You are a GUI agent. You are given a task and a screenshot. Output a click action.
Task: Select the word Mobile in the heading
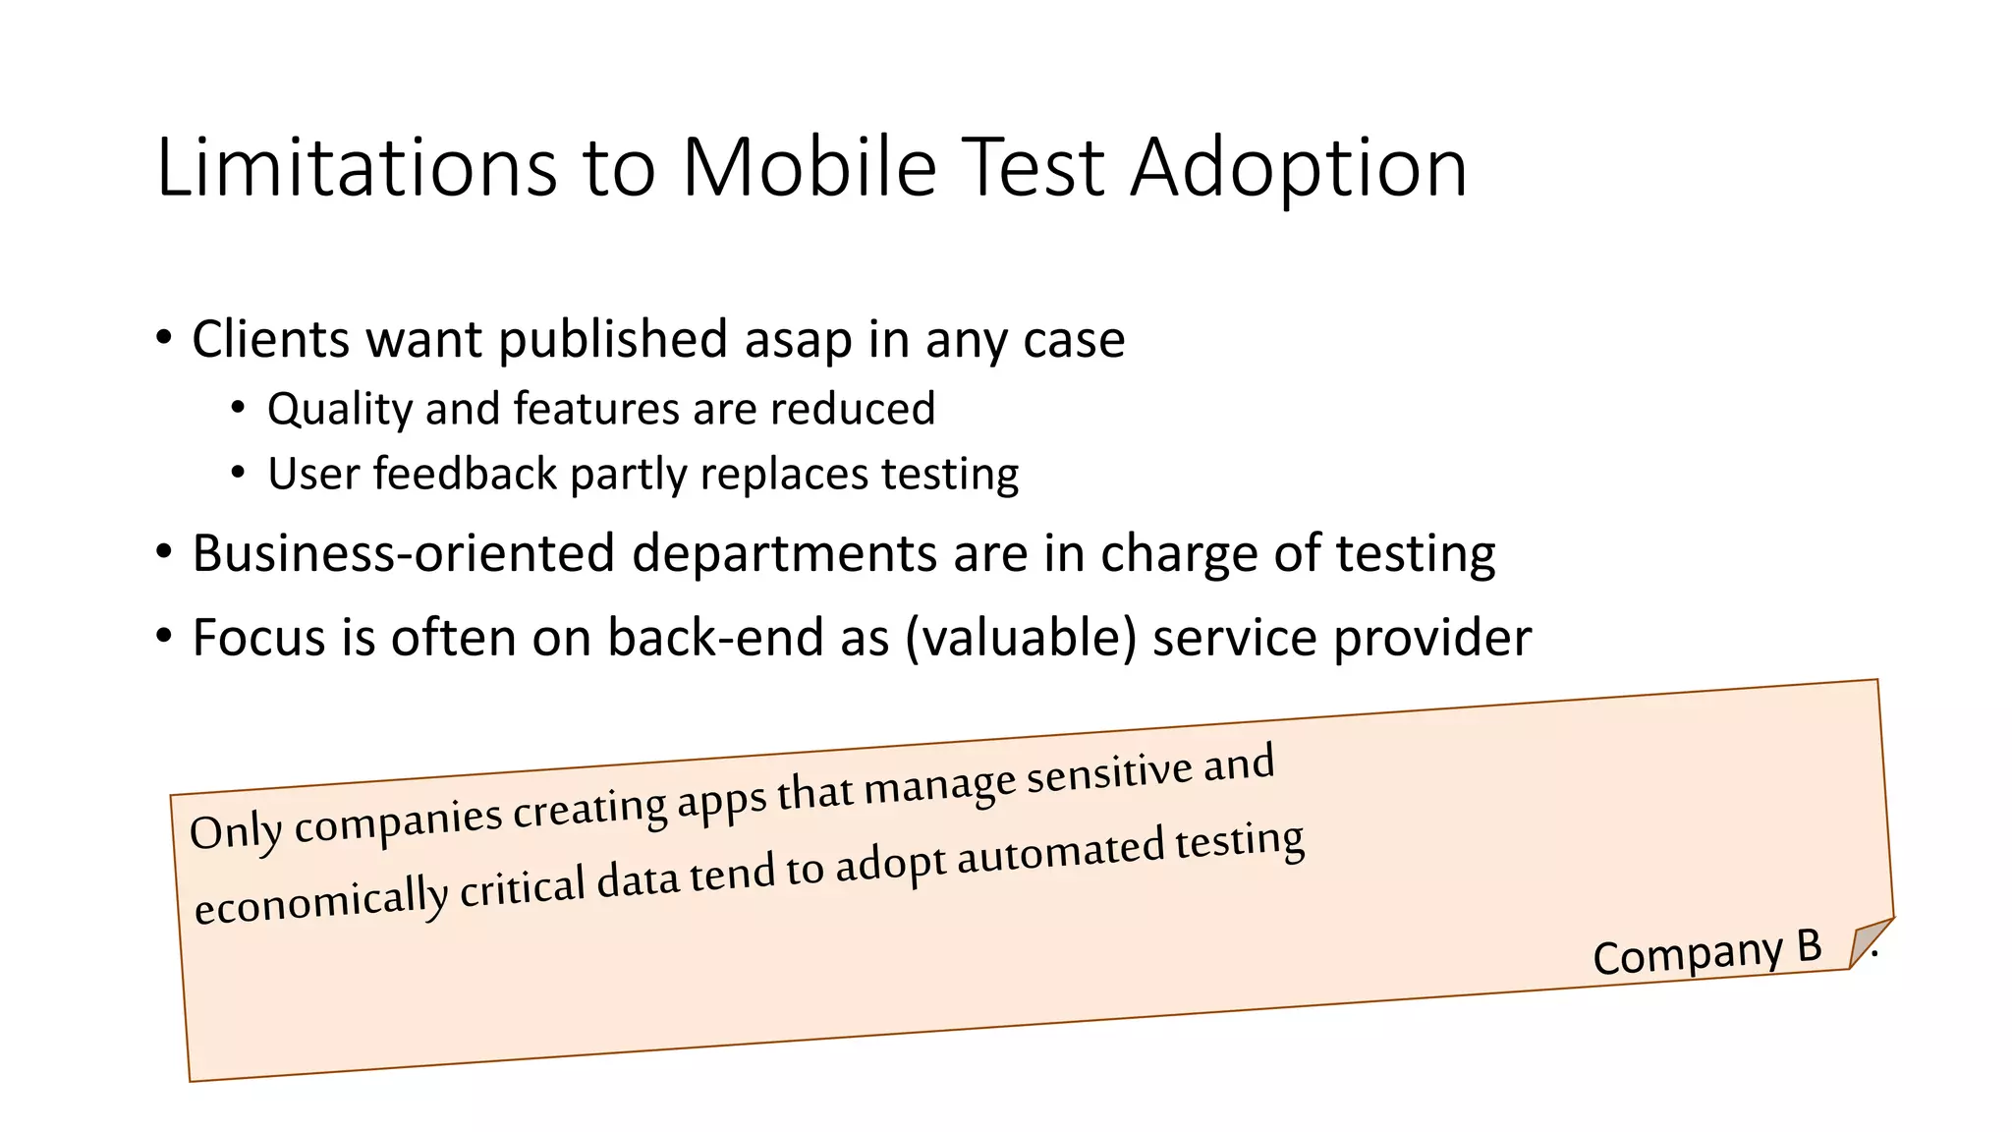click(x=810, y=167)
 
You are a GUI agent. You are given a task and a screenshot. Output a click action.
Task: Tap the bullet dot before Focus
click(x=164, y=636)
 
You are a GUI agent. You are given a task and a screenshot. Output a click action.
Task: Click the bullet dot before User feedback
click(x=238, y=473)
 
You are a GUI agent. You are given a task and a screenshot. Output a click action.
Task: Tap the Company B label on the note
click(x=1706, y=952)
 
